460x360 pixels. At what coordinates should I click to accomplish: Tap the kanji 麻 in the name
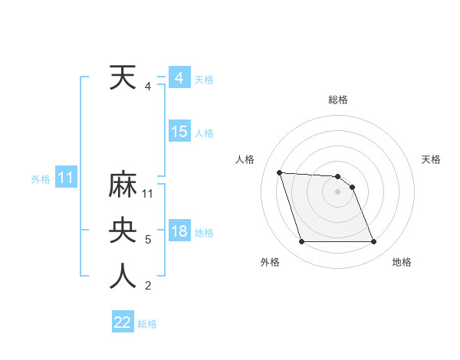[x=123, y=185]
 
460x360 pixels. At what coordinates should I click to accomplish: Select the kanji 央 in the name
[x=123, y=231]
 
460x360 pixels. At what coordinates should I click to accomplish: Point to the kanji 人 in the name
[x=123, y=276]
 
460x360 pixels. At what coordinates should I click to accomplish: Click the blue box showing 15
[x=179, y=132]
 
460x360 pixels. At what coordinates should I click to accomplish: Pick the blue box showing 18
[x=179, y=231]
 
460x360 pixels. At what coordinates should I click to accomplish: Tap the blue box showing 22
[x=123, y=322]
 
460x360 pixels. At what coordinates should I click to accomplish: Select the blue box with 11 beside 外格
[x=66, y=178]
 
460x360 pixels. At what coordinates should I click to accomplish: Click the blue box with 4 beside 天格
[x=179, y=78]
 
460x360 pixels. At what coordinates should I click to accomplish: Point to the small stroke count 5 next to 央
[x=148, y=240]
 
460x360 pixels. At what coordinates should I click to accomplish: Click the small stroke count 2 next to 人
[x=148, y=286]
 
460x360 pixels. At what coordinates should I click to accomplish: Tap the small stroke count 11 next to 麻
[x=148, y=194]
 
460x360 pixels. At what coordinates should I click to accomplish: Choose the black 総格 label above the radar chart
[x=338, y=100]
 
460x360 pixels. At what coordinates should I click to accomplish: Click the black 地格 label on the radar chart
[x=402, y=262]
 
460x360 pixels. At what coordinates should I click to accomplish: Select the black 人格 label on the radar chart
[x=245, y=159]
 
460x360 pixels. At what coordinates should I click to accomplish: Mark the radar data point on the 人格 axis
[x=279, y=172]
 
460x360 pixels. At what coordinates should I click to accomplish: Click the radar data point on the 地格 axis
[x=374, y=242]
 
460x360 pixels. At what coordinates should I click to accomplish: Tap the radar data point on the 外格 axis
[x=301, y=242]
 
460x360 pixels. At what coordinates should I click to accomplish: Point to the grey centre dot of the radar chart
[x=338, y=191]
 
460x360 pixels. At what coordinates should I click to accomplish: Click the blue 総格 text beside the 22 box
[x=147, y=323]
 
